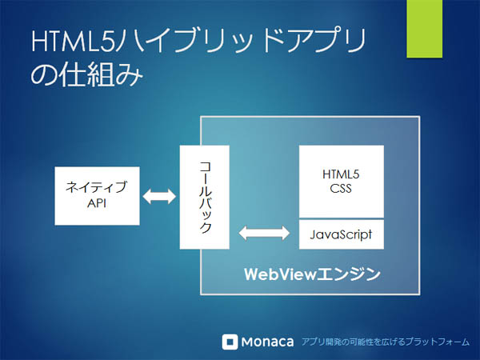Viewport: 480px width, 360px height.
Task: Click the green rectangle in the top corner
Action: point(424,29)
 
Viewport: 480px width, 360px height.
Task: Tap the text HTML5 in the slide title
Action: point(74,41)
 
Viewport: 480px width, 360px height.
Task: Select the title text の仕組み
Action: point(87,74)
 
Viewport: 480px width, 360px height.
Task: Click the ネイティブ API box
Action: point(97,196)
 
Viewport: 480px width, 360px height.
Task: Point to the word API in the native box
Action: point(97,203)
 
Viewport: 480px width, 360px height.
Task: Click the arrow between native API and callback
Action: point(159,196)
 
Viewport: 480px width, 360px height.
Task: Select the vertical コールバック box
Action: point(205,197)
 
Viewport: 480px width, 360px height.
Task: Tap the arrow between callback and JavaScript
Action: point(264,234)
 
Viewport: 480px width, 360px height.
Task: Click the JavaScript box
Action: point(342,234)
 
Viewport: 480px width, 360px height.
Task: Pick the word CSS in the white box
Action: point(341,188)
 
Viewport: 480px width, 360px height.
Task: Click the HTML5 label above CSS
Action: point(341,174)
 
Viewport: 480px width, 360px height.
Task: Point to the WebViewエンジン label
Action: point(312,274)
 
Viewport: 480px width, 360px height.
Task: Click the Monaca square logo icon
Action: point(230,342)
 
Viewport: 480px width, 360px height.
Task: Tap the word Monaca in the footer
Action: point(267,342)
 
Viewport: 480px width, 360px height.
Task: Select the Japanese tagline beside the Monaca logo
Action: point(386,342)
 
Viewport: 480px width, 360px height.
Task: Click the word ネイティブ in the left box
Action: point(97,186)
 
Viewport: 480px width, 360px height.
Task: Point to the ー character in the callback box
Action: point(205,179)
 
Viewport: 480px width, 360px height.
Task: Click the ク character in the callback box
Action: point(205,227)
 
